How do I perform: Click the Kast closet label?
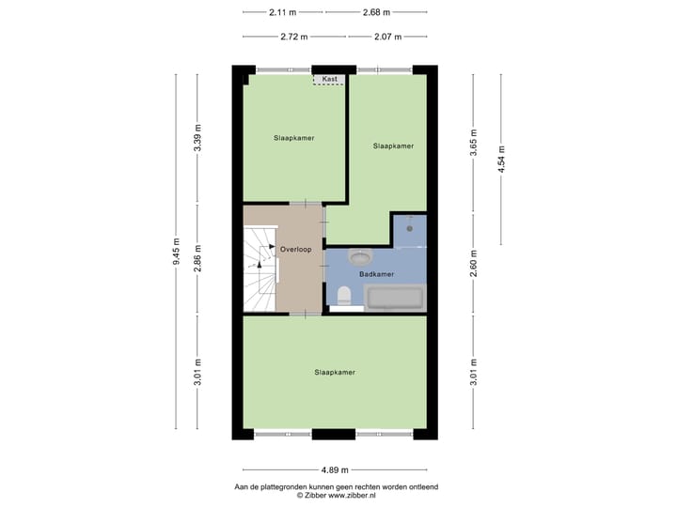pos(329,80)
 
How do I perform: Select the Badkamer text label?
pos(376,274)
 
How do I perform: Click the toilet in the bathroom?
pos(345,297)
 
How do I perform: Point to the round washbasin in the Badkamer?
pos(359,255)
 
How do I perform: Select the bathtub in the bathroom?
pos(395,299)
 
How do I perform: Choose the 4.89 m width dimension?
pos(335,469)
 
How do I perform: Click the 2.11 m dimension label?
pos(282,12)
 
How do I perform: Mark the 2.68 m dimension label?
pos(376,12)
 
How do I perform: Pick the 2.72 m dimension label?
pos(294,37)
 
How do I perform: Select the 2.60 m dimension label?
pos(475,260)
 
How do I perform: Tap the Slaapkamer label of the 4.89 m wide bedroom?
pos(335,373)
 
